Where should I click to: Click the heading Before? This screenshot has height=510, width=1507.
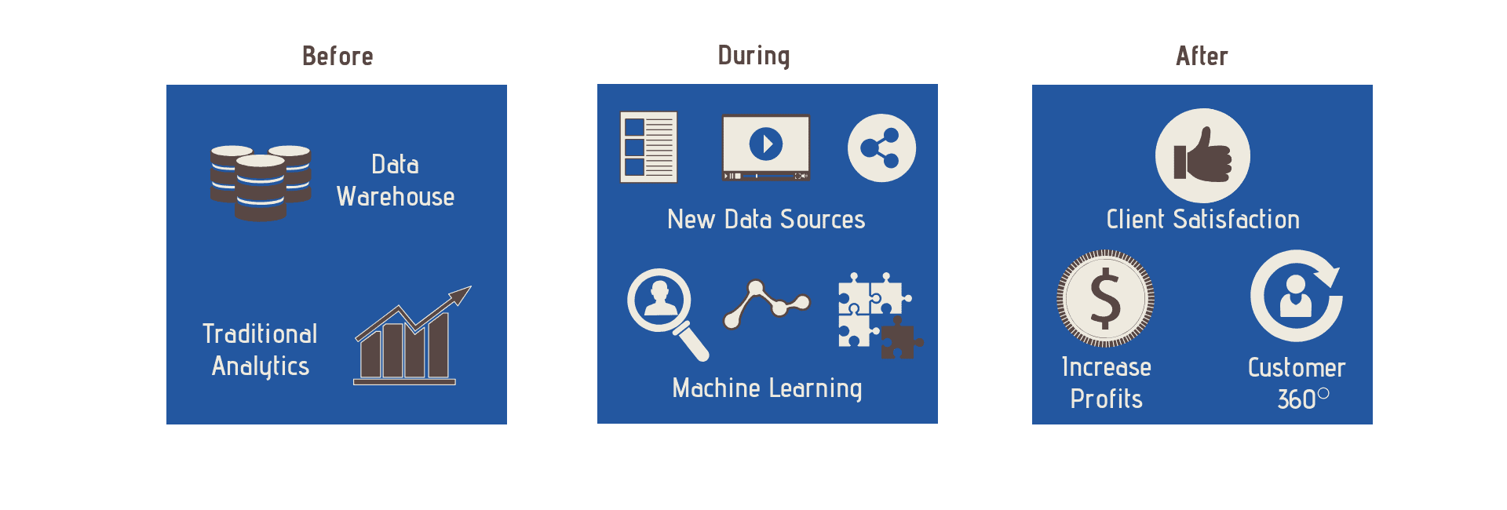tap(338, 56)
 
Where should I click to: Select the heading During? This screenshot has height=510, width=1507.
tap(753, 56)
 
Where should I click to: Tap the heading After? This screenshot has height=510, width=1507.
tap(1202, 56)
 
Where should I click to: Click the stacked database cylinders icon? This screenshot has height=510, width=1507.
tap(261, 183)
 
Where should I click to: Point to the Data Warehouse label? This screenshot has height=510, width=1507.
tap(396, 180)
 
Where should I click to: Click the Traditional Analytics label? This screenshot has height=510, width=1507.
tap(260, 350)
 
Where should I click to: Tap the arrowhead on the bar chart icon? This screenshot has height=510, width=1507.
tap(460, 294)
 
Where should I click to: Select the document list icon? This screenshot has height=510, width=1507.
tap(648, 148)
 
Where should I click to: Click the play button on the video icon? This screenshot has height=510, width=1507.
tap(766, 144)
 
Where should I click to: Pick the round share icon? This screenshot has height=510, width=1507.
tap(881, 148)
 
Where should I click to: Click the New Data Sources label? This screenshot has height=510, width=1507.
tap(766, 220)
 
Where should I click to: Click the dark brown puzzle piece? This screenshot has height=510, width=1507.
tap(899, 340)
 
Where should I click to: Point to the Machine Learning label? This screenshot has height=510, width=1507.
tap(767, 388)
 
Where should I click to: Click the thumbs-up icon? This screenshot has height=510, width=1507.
tap(1202, 155)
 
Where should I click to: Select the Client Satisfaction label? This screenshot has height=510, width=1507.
tap(1202, 220)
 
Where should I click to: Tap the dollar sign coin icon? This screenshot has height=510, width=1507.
tap(1105, 298)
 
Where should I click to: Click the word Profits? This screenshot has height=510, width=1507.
tap(1106, 399)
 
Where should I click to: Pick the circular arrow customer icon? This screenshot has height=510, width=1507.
tap(1295, 296)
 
